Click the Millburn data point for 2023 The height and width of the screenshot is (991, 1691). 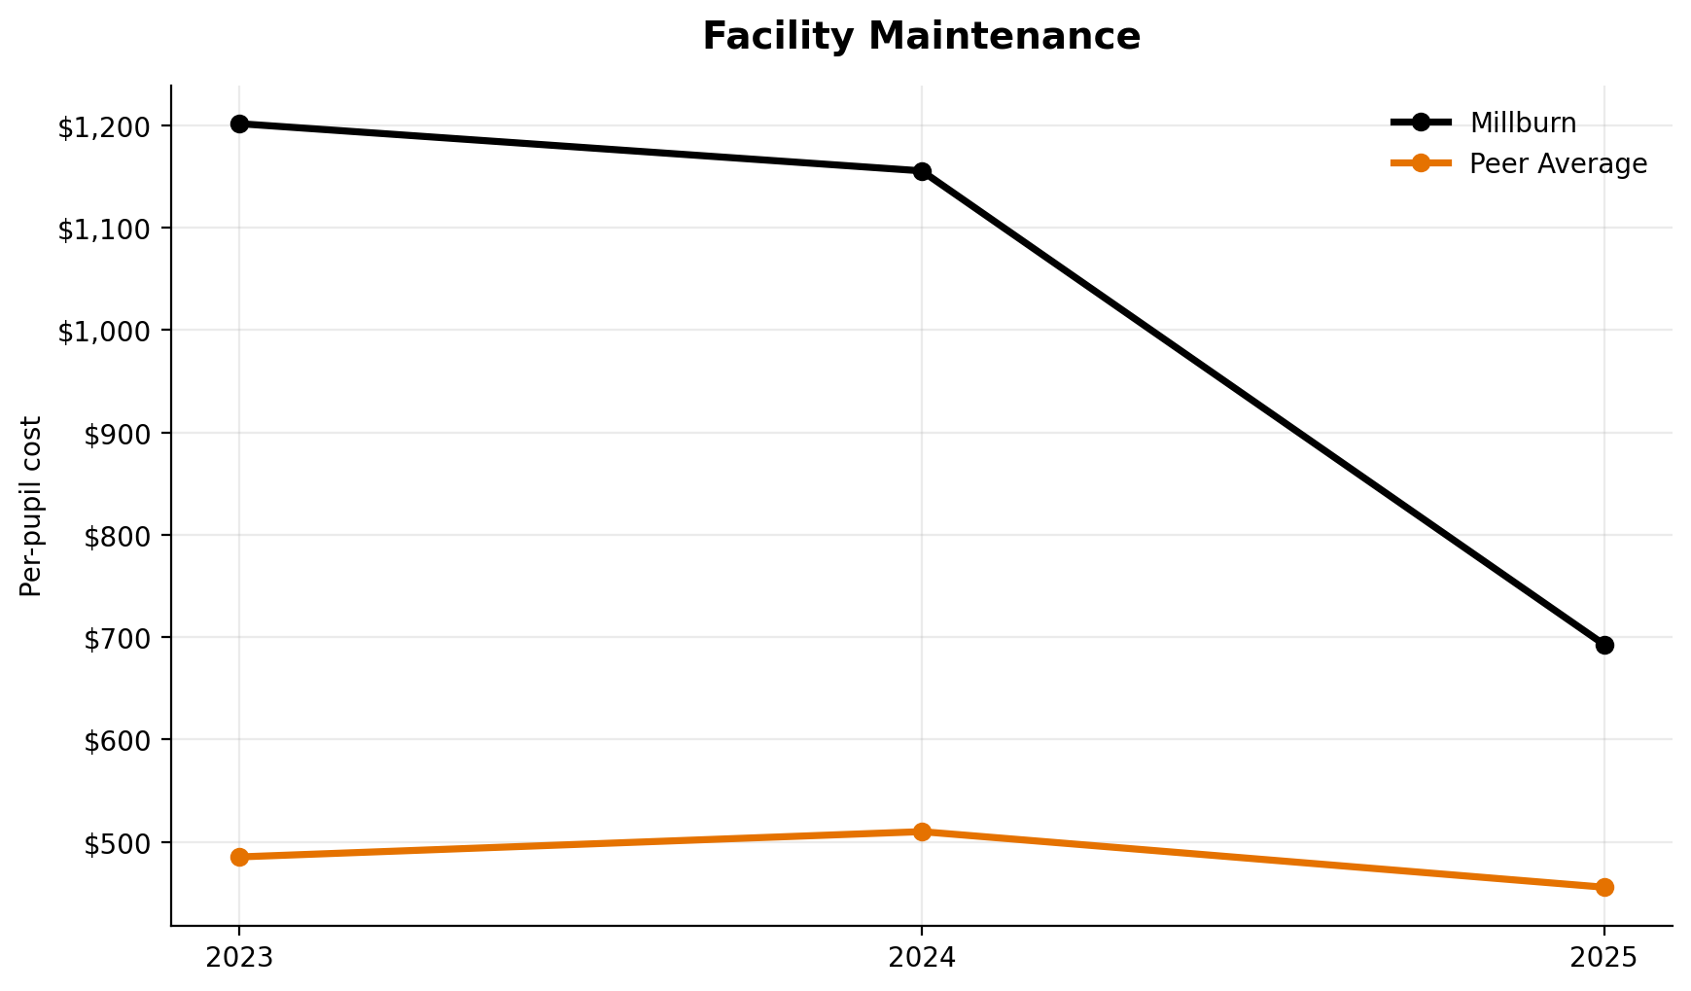coord(239,124)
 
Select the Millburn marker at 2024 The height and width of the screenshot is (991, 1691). coord(922,171)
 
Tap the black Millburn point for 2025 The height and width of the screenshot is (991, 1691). coord(1604,645)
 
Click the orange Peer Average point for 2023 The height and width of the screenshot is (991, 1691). coord(239,857)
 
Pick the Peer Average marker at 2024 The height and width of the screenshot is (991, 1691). coord(922,832)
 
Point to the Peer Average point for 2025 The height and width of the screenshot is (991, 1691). coord(1604,887)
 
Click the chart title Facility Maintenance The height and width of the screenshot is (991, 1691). coord(921,37)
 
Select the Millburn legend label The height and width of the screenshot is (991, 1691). coord(1523,123)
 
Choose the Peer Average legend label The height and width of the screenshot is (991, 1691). coord(1558,163)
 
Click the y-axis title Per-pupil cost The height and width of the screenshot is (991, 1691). coord(31,506)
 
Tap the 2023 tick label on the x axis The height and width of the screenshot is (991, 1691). coord(239,958)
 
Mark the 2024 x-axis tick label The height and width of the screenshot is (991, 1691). coord(922,958)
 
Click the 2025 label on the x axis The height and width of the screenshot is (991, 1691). coord(1604,958)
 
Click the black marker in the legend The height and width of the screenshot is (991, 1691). coord(1421,123)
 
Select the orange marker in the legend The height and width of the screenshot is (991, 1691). coord(1421,163)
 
